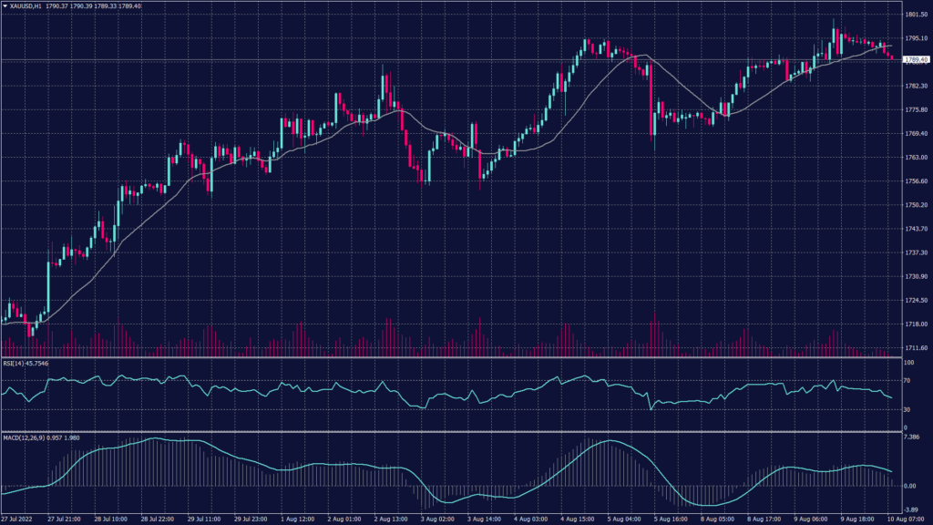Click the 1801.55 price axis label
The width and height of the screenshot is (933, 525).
coord(916,15)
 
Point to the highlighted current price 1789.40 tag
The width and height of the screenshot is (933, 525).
coord(916,59)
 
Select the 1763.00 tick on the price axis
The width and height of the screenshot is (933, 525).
coord(916,158)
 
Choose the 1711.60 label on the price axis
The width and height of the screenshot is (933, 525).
coord(916,348)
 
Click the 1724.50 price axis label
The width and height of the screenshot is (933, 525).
coord(916,300)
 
